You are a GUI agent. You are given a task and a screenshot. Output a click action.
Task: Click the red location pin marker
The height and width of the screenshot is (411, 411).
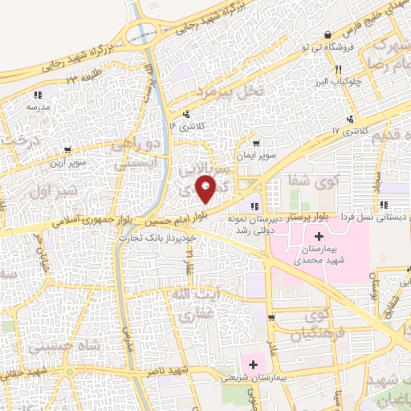206,189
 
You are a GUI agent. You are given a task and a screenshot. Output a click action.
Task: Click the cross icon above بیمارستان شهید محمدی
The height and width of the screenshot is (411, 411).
319,237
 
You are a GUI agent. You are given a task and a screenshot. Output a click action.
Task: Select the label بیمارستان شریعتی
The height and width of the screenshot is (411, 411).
251,376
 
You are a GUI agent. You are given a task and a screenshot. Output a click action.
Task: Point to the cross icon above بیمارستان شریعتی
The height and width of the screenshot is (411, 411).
253,364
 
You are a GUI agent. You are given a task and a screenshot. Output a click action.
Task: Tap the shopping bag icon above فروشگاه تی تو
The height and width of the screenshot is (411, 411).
328,35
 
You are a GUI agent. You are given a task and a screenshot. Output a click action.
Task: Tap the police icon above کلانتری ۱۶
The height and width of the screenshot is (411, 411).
187,114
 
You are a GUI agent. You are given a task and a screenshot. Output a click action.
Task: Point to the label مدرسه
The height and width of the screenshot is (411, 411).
38,107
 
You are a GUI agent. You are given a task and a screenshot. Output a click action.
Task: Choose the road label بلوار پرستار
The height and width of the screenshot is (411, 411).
333,217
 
